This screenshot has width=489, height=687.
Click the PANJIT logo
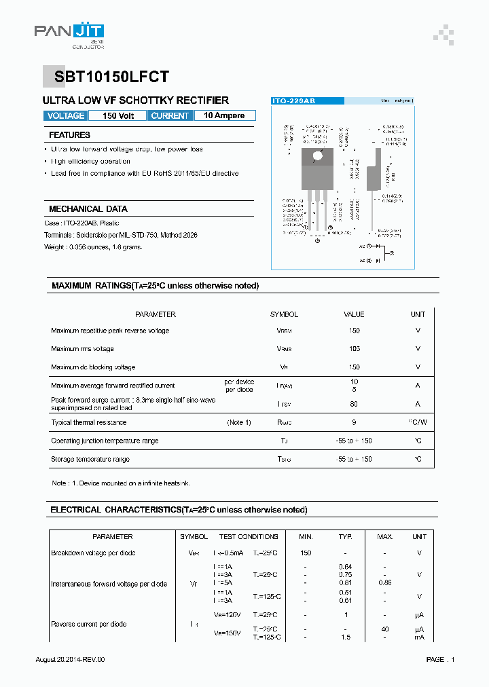[69, 34]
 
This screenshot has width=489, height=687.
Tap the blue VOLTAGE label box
[66, 116]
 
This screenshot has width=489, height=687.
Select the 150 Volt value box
[118, 116]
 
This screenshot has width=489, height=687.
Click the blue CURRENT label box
[170, 116]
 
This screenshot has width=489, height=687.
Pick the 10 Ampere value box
[224, 116]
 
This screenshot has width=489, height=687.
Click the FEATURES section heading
[69, 135]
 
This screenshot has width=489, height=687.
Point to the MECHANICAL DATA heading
[88, 209]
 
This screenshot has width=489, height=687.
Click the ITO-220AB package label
[293, 101]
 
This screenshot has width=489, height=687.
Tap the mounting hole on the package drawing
[317, 156]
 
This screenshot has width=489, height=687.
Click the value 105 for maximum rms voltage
[354, 349]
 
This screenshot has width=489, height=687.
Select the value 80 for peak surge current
[354, 404]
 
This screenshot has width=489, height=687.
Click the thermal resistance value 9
[354, 422]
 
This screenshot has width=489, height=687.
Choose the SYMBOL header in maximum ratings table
[284, 314]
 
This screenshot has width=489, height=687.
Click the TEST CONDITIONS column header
[249, 537]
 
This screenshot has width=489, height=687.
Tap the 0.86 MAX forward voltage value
[385, 583]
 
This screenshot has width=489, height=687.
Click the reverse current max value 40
[385, 629]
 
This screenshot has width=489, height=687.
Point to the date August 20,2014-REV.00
[70, 660]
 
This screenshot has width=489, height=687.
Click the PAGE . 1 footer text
[440, 660]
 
